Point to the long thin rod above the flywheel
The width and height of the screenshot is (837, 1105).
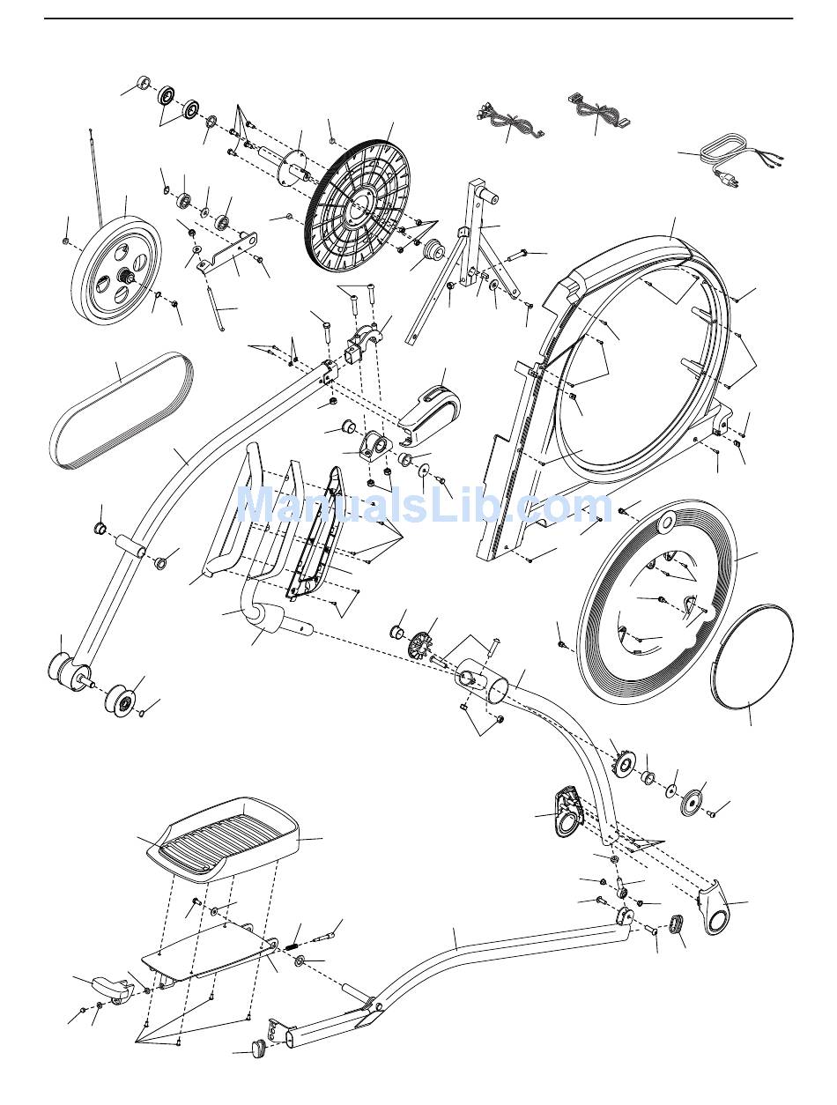tap(96, 176)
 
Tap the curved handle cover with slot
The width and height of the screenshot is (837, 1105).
tap(431, 406)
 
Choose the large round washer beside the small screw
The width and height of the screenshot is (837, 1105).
tap(691, 801)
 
